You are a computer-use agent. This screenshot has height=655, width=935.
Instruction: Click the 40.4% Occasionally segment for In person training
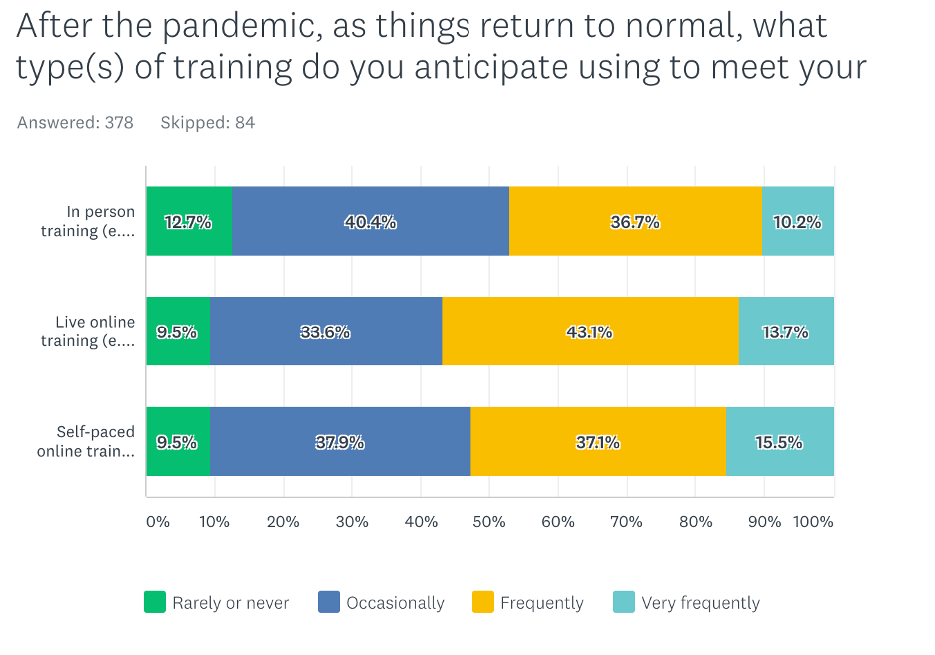click(x=370, y=221)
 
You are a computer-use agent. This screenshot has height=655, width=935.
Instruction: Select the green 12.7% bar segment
click(x=189, y=221)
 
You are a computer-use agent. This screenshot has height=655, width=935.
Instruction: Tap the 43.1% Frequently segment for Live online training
click(x=589, y=331)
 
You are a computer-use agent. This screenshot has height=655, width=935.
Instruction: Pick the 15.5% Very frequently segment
click(x=779, y=441)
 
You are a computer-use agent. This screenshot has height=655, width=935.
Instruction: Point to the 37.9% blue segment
click(x=340, y=441)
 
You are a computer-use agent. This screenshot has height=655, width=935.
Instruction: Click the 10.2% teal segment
click(x=798, y=221)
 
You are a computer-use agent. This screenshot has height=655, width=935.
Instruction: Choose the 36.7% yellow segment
click(x=635, y=221)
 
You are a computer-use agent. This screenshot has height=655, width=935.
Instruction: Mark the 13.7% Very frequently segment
click(x=785, y=331)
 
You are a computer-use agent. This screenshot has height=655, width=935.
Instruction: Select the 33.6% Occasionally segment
click(x=325, y=331)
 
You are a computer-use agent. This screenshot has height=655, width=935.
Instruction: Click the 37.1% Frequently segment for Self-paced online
click(x=597, y=441)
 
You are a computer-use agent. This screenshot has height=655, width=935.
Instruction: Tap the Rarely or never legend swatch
click(x=155, y=602)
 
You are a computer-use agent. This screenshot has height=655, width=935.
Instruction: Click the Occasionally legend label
click(x=395, y=603)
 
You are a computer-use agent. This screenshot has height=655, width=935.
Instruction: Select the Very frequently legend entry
click(x=700, y=603)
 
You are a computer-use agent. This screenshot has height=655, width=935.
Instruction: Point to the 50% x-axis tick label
click(x=489, y=521)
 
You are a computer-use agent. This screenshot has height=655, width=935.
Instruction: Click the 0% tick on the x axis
click(x=158, y=521)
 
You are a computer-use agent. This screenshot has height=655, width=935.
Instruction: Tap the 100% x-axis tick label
click(x=813, y=521)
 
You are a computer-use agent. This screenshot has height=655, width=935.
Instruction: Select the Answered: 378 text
click(x=76, y=123)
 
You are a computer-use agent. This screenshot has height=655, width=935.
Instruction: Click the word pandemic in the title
click(x=234, y=24)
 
